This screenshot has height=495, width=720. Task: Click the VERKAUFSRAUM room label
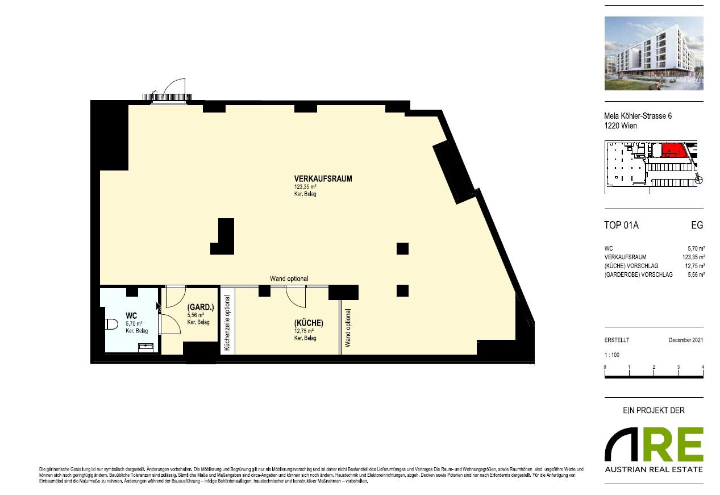pyautogui.click(x=315, y=178)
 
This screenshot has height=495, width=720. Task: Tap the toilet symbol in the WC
pyautogui.click(x=111, y=325)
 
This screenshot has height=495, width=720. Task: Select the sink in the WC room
pyautogui.click(x=147, y=346)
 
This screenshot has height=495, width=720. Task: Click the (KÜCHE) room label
pyautogui.click(x=309, y=323)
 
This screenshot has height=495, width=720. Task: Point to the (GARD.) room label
pyautogui.click(x=201, y=307)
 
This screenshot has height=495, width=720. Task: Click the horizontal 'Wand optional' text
pyautogui.click(x=289, y=278)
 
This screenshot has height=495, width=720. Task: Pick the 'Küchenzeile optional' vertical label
pyautogui.click(x=227, y=323)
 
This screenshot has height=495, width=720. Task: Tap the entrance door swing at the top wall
pyautogui.click(x=173, y=89)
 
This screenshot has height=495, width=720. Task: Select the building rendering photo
pyautogui.click(x=654, y=53)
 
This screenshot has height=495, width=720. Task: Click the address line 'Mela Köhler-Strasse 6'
pyautogui.click(x=638, y=116)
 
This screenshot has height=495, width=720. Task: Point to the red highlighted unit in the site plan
pyautogui.click(x=673, y=150)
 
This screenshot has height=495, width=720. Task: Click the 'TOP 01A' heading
pyautogui.click(x=621, y=226)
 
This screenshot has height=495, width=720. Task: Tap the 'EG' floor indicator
pyautogui.click(x=697, y=226)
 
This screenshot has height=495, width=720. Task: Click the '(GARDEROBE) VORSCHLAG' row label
pyautogui.click(x=639, y=274)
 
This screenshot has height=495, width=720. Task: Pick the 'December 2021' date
pyautogui.click(x=686, y=340)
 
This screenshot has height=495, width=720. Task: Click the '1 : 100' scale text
pyautogui.click(x=612, y=353)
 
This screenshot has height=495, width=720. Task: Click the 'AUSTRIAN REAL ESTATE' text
pyautogui.click(x=654, y=469)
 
